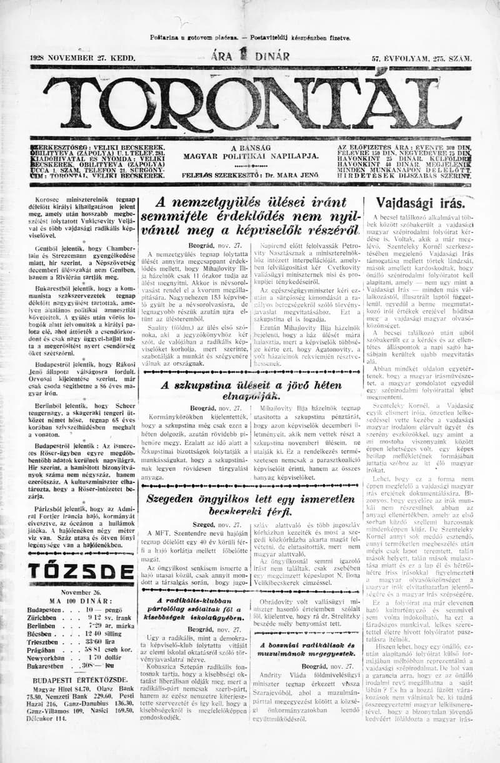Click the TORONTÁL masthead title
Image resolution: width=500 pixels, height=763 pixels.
(250, 99)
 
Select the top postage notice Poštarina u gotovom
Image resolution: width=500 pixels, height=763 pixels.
(250, 38)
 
